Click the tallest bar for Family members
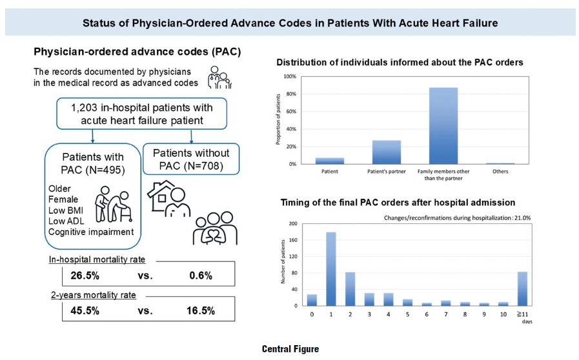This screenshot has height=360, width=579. pyautogui.click(x=443, y=126)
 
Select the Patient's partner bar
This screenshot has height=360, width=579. pyautogui.click(x=387, y=152)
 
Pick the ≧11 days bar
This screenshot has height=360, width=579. pyautogui.click(x=522, y=288)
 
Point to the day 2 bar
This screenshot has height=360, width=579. pyautogui.click(x=349, y=288)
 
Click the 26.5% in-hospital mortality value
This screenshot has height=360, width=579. pyautogui.click(x=84, y=276)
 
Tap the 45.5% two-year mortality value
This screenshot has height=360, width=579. pyautogui.click(x=84, y=310)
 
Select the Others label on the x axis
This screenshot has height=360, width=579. pyautogui.click(x=501, y=172)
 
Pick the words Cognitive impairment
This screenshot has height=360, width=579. pyautogui.click(x=90, y=232)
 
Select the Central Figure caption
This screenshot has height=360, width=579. pyautogui.click(x=290, y=349)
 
